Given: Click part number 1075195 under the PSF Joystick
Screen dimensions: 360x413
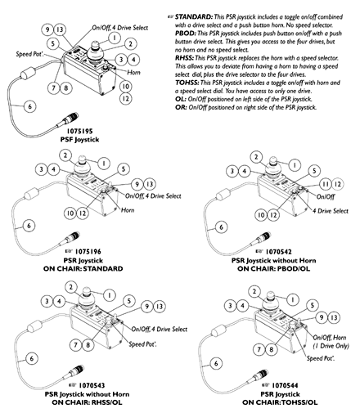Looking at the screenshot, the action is (x=79, y=131).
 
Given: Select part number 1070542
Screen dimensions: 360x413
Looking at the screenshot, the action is (x=278, y=251).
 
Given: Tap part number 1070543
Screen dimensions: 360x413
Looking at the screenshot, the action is (x=92, y=385).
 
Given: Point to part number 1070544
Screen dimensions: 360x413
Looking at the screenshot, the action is (x=285, y=385).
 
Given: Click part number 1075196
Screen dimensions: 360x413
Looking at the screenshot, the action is (x=88, y=251).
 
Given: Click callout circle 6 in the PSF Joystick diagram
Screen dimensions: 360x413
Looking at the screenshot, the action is (x=30, y=106).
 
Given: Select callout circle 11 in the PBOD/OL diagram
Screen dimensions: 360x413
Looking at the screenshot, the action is (x=326, y=184).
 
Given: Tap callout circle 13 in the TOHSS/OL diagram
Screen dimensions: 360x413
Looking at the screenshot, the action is (x=334, y=317).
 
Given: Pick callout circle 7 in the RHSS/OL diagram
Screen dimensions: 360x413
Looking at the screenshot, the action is (x=75, y=345).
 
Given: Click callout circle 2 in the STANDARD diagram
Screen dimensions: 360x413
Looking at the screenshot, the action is (x=65, y=155).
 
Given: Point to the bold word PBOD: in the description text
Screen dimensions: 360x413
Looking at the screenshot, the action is (x=186, y=34).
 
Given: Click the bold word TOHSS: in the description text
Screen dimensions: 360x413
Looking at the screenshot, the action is (x=187, y=83).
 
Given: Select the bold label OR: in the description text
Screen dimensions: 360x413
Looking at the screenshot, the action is (x=181, y=107).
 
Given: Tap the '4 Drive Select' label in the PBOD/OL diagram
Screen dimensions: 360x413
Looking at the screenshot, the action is (x=331, y=211).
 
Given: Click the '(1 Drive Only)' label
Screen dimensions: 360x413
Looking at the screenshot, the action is (x=331, y=346).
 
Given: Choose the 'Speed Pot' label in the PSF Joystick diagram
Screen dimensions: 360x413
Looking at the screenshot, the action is (x=29, y=54).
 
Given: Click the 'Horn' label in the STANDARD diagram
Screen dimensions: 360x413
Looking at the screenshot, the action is (x=128, y=210).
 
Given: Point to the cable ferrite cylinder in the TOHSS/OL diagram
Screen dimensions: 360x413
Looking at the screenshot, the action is (x=219, y=330).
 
